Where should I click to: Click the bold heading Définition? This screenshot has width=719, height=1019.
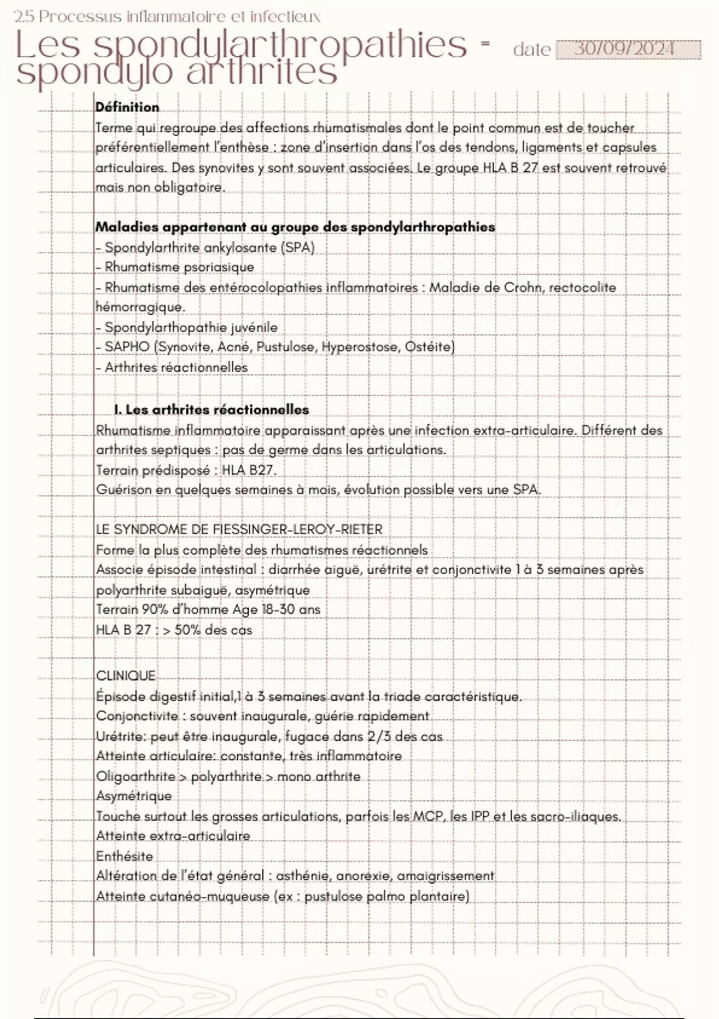tap(127, 107)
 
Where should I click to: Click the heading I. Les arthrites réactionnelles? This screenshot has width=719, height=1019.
tap(212, 410)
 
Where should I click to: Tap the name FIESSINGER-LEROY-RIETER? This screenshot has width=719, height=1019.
tap(297, 529)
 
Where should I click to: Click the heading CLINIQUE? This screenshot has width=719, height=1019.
tap(125, 676)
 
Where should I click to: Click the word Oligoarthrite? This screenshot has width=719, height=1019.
tap(135, 776)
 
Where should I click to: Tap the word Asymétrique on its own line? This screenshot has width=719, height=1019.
tap(134, 796)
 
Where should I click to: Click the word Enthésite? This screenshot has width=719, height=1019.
tap(125, 856)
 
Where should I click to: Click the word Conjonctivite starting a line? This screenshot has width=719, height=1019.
tap(137, 716)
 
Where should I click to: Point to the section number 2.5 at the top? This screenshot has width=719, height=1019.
tap(23, 16)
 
